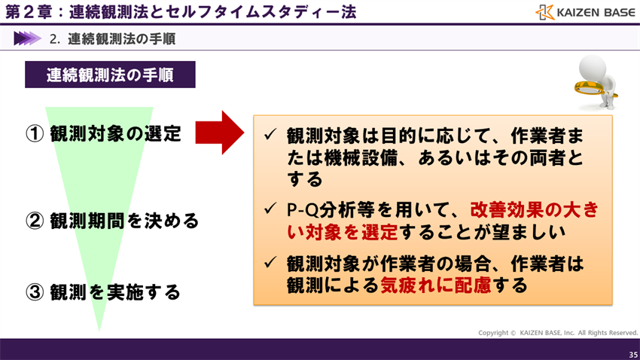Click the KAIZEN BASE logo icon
545,13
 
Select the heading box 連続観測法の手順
110,75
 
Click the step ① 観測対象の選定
104,134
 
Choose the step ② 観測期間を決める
113,221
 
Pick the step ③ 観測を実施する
104,292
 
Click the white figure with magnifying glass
596,80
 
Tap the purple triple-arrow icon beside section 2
26,38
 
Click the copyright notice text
558,333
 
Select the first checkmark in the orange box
270,136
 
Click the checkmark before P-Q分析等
270,210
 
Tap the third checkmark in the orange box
270,263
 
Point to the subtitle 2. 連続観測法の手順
112,38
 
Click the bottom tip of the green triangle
99,330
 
